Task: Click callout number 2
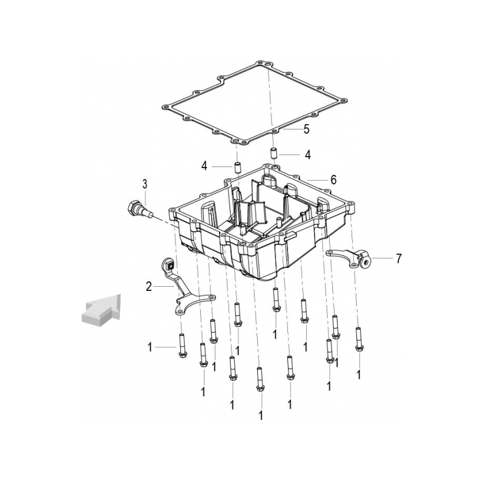149,287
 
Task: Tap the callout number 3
145,185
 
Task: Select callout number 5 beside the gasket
306,129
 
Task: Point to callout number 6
333,180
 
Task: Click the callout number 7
399,259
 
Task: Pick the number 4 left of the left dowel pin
204,166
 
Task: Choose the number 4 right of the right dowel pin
308,154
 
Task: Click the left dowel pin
238,168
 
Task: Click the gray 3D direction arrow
101,310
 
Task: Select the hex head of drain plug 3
132,208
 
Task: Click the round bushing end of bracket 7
365,261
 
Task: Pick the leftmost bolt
181,346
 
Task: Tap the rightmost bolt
358,339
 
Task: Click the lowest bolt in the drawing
260,380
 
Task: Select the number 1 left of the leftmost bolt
150,347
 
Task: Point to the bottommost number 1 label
261,416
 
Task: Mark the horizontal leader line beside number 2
163,287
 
